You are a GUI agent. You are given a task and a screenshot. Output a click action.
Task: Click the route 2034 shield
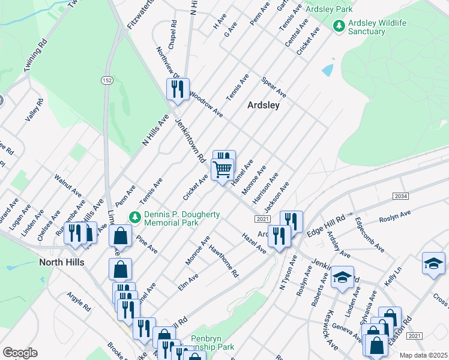(401, 197)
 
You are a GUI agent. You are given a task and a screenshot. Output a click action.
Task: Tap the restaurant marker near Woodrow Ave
(177, 90)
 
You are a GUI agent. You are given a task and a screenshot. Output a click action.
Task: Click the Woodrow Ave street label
(205, 104)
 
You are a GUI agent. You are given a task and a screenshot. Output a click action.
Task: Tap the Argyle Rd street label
(79, 304)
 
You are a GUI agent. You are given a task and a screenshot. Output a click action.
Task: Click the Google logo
(20, 353)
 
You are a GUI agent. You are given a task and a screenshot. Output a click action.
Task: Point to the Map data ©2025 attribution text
(423, 355)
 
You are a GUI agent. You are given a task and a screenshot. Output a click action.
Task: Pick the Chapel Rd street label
(173, 36)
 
